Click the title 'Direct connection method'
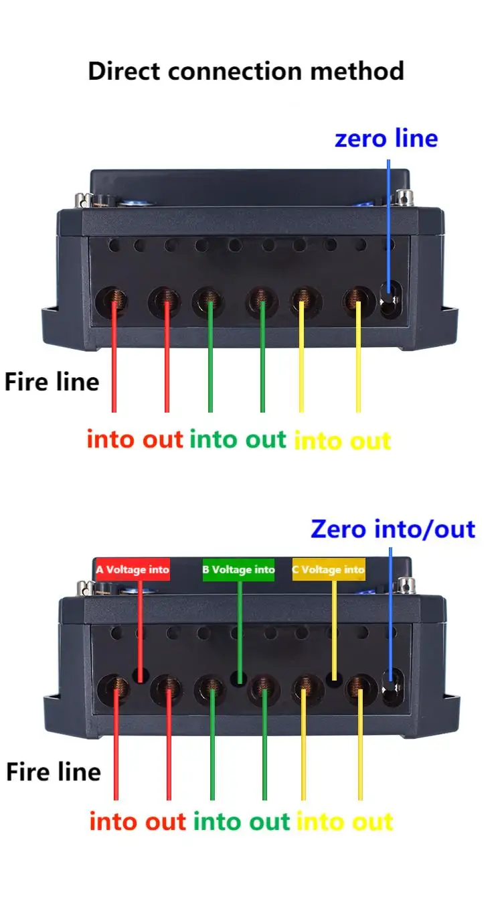click(x=246, y=70)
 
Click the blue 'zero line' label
click(x=386, y=139)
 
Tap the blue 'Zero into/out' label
click(x=392, y=529)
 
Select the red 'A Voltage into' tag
click(x=133, y=570)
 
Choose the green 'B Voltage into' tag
click(x=238, y=570)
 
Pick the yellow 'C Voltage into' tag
click(x=329, y=570)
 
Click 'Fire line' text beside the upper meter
click(x=52, y=382)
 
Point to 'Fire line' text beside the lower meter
click(x=54, y=772)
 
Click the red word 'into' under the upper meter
click(x=112, y=439)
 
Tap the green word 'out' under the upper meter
click(x=266, y=439)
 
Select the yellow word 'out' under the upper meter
click(x=368, y=441)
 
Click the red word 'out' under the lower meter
click(x=165, y=821)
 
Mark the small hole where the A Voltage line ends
click(x=141, y=675)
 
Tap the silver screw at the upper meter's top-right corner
click(x=404, y=197)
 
